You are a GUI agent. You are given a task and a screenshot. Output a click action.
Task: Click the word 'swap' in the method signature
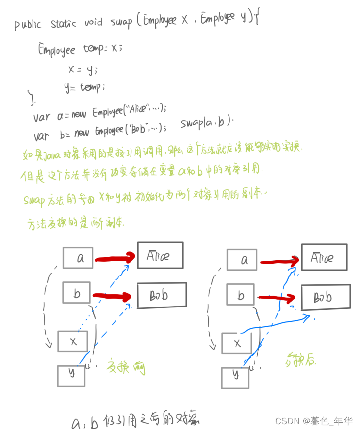coord(121,22)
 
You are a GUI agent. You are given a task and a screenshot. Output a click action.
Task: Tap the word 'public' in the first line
coord(28,24)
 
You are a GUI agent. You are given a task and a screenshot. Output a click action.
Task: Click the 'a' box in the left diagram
coord(78,258)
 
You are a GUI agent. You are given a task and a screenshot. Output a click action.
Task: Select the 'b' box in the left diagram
coord(76,293)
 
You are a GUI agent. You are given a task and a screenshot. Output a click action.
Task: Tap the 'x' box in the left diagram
coord(72,341)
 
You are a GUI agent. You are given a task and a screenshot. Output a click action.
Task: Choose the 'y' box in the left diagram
coord(71,375)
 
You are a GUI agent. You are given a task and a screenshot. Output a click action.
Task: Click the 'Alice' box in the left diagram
coord(160,255)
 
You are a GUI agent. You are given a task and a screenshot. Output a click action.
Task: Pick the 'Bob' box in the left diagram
coord(162,295)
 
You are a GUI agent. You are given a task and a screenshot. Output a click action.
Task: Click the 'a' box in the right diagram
coord(241,260)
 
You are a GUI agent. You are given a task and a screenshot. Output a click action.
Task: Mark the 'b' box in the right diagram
coord(240,294)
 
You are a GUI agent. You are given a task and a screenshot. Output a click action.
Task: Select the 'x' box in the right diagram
coord(237,343)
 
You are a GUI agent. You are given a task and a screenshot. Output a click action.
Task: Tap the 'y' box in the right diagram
coord(235,377)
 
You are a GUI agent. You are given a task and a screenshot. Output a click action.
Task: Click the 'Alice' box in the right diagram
coord(324,257)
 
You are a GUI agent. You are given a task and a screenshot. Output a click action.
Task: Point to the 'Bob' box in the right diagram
coord(326,297)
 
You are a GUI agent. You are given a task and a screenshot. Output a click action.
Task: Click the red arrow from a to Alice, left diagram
coord(115,258)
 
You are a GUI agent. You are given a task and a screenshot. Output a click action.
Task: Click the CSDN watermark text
coord(314,421)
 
